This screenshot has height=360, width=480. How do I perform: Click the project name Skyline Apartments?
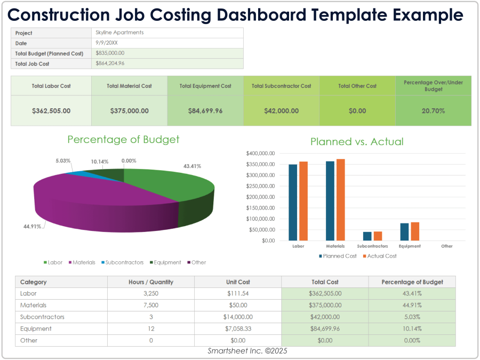tap(119, 33)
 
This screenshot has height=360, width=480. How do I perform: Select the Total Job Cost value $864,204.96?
tap(110, 63)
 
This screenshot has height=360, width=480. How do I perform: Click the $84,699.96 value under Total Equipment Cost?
tap(205, 111)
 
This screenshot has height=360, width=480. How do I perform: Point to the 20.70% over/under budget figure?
tap(433, 111)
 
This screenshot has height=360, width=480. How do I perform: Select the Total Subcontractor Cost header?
tap(281, 86)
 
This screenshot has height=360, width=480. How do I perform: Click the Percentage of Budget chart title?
tap(123, 140)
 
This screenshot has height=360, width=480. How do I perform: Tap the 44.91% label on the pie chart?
tap(31, 227)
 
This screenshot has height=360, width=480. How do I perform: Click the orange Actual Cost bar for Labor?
tap(303, 201)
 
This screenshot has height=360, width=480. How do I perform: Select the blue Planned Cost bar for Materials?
tap(330, 201)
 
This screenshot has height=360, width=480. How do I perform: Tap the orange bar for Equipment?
tap(415, 231)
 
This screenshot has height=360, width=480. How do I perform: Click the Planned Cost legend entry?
tap(339, 256)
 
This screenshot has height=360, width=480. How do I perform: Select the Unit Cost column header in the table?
tap(237, 282)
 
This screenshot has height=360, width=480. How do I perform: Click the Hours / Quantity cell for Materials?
tap(150, 305)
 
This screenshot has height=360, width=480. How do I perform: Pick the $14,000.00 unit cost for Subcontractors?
tap(237, 317)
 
